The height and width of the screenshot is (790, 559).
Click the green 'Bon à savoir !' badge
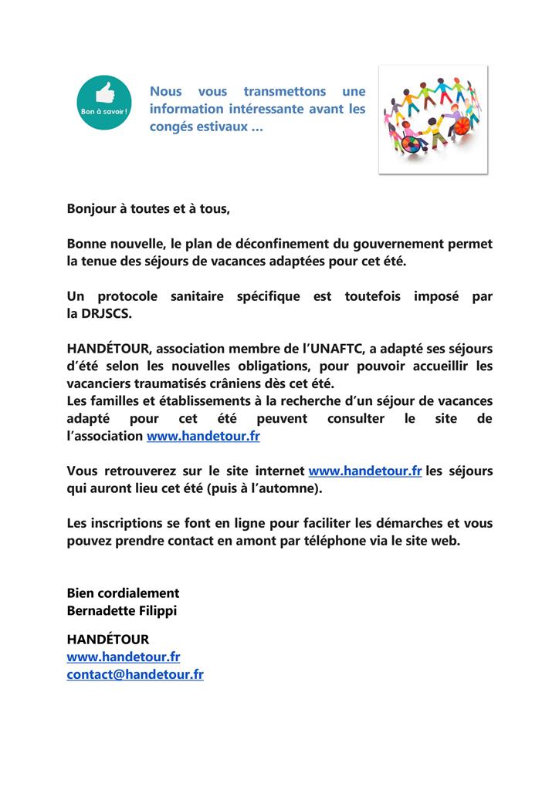[103, 103]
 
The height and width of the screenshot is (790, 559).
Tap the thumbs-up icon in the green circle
[103, 94]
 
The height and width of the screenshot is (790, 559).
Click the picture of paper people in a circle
[432, 119]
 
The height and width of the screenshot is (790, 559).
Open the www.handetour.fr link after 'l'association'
[203, 436]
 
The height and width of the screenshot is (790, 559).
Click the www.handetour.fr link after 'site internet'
[364, 471]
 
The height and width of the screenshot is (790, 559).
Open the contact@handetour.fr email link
[135, 674]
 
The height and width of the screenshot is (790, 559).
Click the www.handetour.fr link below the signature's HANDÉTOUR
[124, 657]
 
